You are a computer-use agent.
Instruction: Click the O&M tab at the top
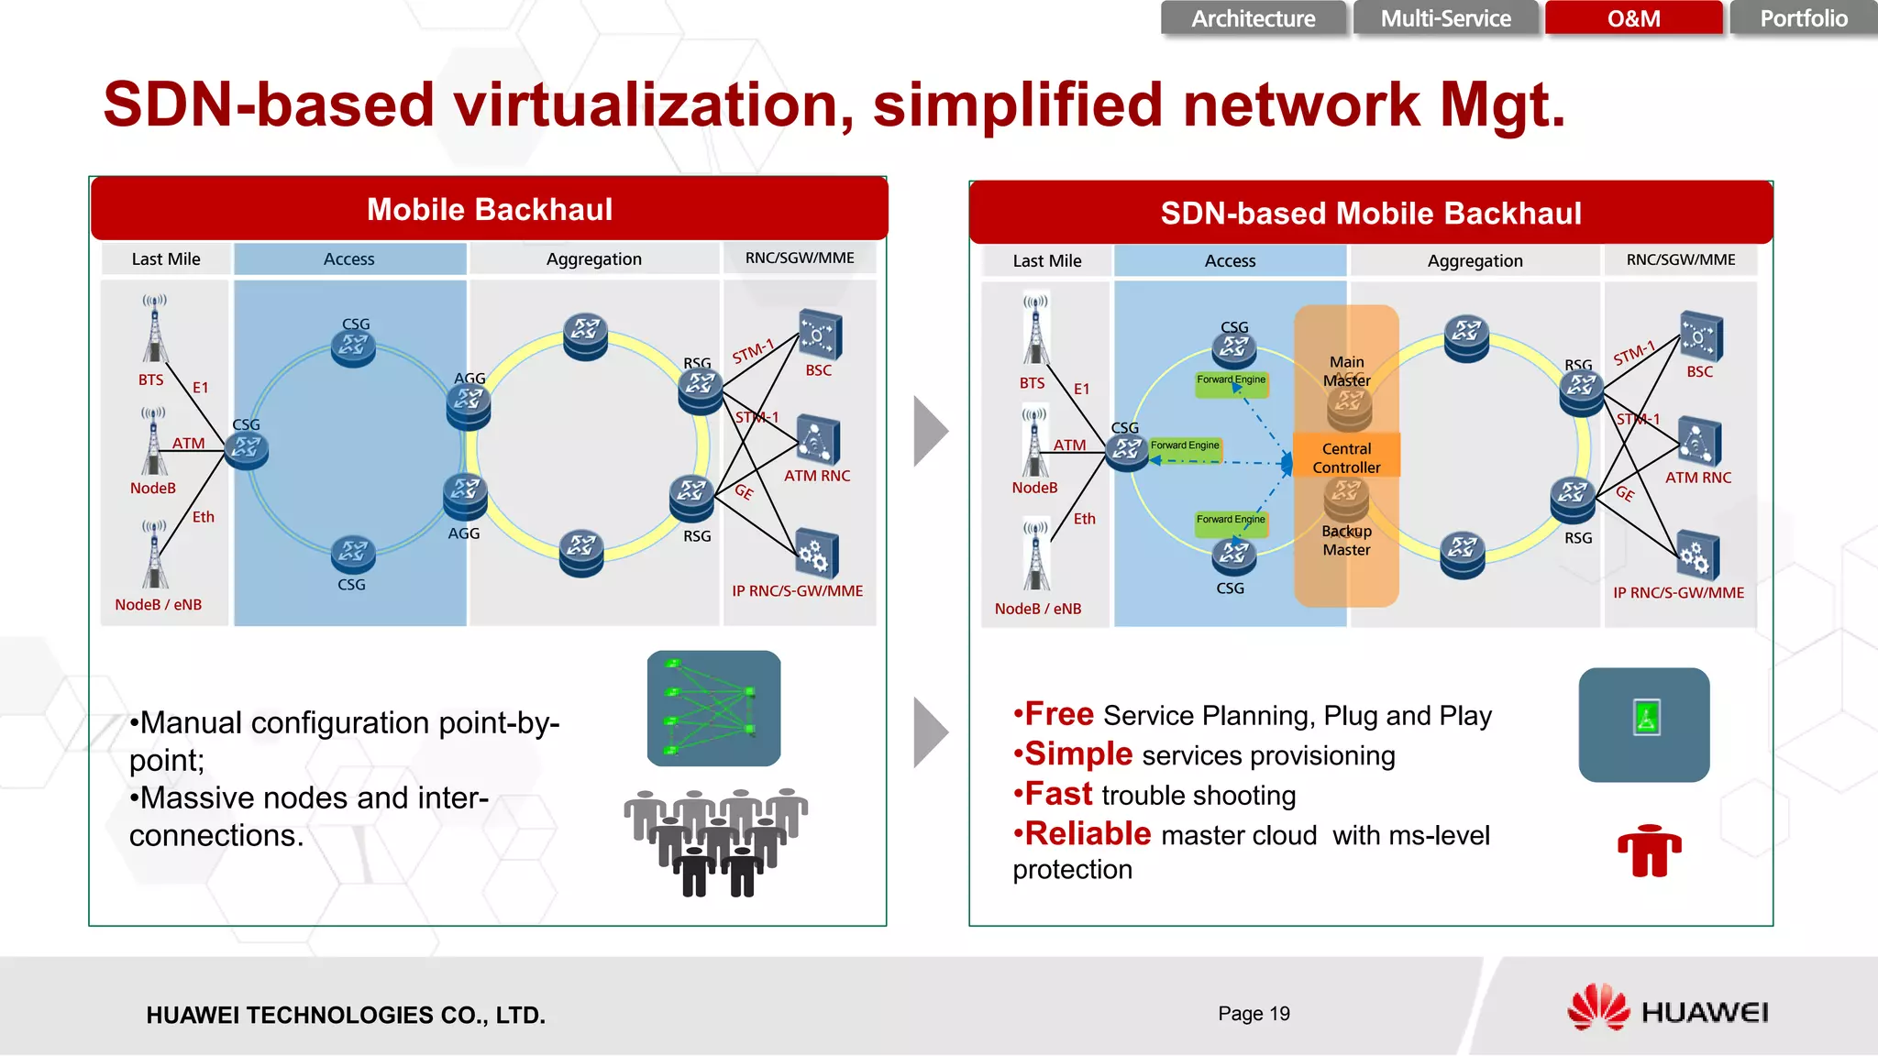point(1633,18)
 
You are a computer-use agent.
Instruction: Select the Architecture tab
point(1253,18)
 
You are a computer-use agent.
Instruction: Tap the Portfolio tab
point(1803,18)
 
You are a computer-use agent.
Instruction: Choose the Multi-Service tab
point(1445,18)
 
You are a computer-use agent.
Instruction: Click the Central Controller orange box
point(1346,457)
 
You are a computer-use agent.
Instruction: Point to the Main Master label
point(1346,371)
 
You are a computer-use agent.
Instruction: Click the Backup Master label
point(1346,540)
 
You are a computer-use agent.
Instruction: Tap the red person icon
point(1649,850)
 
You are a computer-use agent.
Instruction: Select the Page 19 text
point(1254,1013)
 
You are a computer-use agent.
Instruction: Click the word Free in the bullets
point(1058,714)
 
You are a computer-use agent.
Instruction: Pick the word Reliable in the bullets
point(1087,834)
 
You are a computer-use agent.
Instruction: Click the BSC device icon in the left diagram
point(820,335)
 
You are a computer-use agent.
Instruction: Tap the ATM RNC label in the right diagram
point(1698,478)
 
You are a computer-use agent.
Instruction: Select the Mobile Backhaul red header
point(490,209)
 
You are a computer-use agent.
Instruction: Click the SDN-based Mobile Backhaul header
point(1371,213)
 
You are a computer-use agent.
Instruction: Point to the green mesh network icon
point(713,708)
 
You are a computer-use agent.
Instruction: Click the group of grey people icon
point(716,841)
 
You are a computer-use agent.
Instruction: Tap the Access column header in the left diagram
point(349,259)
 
